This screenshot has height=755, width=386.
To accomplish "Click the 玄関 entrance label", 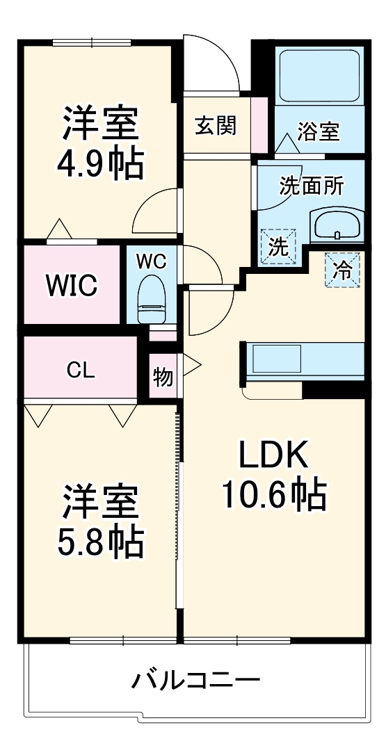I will pyautogui.click(x=215, y=126).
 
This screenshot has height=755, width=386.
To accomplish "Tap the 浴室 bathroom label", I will pyautogui.click(x=318, y=131).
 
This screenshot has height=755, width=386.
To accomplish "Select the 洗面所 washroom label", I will pyautogui.click(x=311, y=186).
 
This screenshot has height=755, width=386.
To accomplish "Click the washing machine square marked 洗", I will pyautogui.click(x=278, y=247).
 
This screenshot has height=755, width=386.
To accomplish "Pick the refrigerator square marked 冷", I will pyautogui.click(x=341, y=268).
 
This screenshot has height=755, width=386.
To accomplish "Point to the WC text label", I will pyautogui.click(x=151, y=261).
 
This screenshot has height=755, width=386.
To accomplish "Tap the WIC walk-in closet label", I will pyautogui.click(x=72, y=285).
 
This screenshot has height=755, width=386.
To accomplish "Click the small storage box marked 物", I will pyautogui.click(x=163, y=377).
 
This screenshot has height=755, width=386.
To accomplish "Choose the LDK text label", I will pyautogui.click(x=273, y=456).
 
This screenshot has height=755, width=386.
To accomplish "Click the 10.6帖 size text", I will pyautogui.click(x=273, y=495).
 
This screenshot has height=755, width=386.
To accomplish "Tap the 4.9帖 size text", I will pyautogui.click(x=100, y=164).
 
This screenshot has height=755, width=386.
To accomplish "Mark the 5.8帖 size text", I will pyautogui.click(x=100, y=542).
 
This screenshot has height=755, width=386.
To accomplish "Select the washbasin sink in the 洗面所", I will pyautogui.click(x=337, y=225).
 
